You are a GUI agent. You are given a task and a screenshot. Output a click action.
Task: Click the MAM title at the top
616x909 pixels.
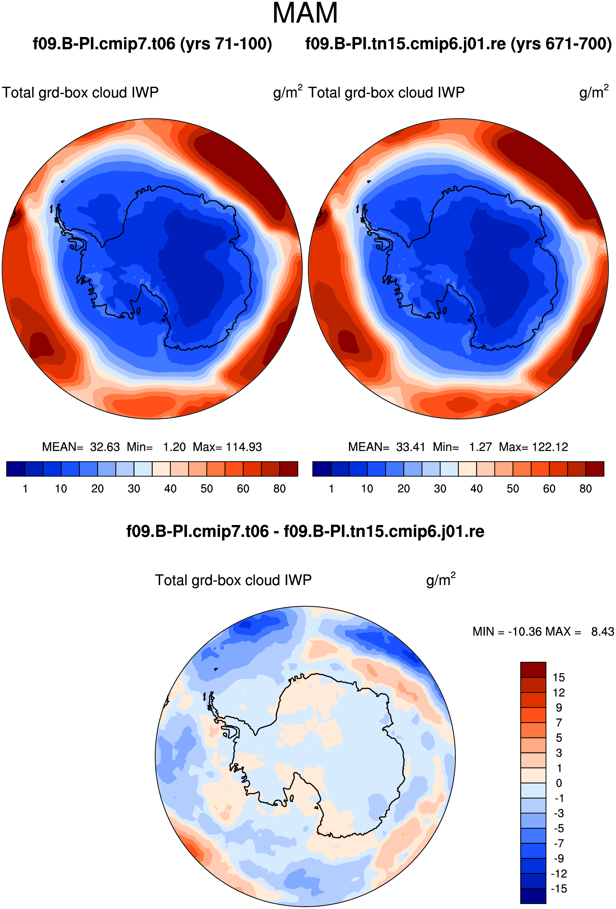[x=305, y=13]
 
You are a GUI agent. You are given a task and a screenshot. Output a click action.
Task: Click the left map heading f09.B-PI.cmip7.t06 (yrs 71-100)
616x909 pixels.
[x=152, y=44]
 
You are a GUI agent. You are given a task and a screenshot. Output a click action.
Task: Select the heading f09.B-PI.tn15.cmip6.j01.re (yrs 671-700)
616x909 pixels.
[x=458, y=44]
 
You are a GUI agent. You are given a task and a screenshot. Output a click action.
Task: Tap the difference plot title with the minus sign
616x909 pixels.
[x=305, y=531]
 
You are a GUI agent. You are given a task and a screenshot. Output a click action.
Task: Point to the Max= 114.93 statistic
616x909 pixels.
[x=227, y=447]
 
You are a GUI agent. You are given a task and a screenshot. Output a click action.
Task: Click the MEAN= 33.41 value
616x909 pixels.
[x=387, y=447]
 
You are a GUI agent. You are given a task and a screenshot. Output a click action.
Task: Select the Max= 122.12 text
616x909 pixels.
[x=533, y=447]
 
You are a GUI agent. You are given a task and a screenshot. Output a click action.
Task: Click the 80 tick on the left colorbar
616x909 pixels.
[x=280, y=489]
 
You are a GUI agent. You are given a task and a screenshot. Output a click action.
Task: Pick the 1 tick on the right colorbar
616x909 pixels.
[x=331, y=489]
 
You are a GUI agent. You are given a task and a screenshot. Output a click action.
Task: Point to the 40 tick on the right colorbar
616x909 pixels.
[x=476, y=489]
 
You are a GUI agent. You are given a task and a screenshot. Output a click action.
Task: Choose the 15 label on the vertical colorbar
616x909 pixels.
[x=559, y=678]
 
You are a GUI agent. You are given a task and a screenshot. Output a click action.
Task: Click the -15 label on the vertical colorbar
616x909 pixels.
[x=559, y=889]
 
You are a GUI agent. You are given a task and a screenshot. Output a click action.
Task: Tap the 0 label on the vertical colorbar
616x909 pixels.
[x=559, y=783]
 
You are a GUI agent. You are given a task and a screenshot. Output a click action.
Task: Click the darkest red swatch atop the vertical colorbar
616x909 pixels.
[x=533, y=670]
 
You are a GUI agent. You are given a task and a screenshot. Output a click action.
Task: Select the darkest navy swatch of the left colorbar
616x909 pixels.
[x=16, y=469]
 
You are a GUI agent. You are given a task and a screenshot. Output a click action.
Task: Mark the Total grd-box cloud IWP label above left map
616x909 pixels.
[x=80, y=93]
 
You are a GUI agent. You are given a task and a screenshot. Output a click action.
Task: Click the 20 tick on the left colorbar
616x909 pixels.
[x=97, y=489]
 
